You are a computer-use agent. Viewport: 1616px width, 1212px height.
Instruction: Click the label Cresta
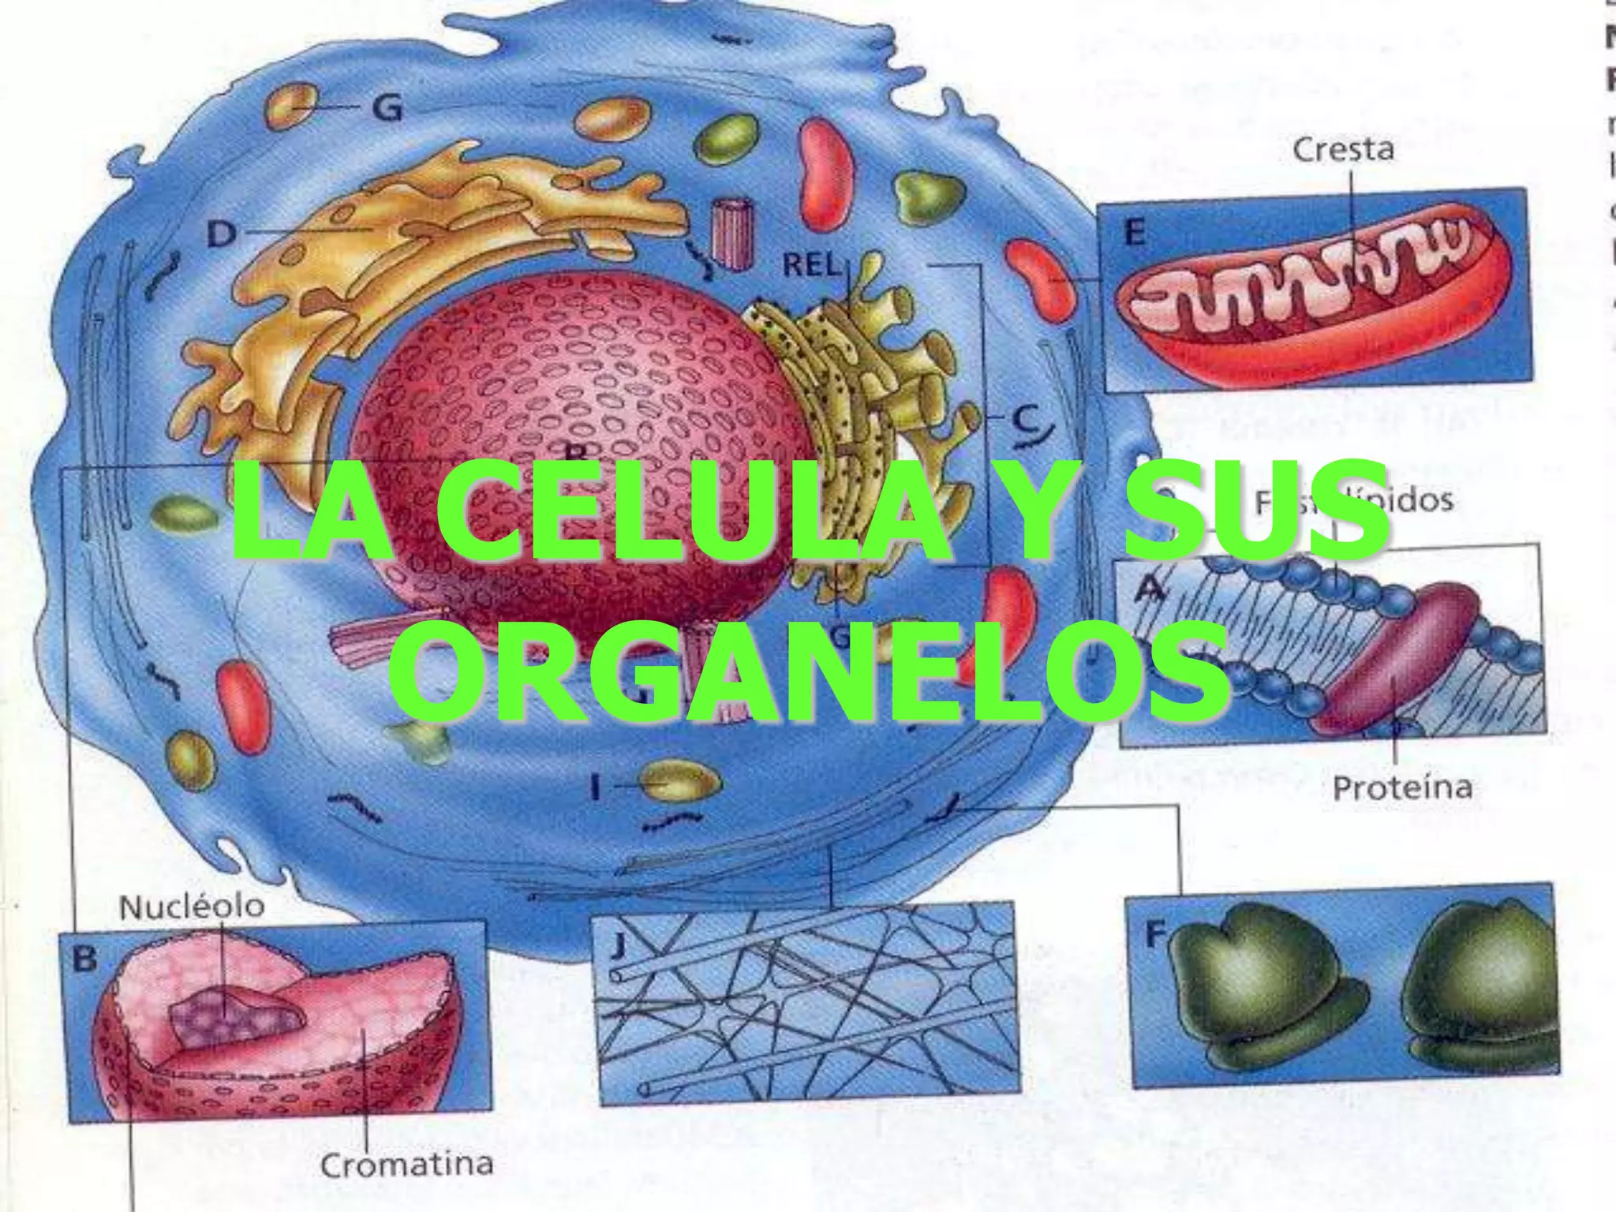(x=1343, y=149)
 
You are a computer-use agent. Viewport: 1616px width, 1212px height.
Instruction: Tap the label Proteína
(x=1402, y=787)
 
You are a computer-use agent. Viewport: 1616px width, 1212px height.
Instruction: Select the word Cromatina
(x=407, y=1164)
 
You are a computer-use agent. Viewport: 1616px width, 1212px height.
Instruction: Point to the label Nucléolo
(x=192, y=907)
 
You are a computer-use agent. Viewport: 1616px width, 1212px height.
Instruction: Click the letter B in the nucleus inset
(x=84, y=959)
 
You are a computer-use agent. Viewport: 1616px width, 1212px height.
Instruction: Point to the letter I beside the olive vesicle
(x=599, y=786)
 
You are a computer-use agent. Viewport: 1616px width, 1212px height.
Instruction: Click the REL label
(x=810, y=266)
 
